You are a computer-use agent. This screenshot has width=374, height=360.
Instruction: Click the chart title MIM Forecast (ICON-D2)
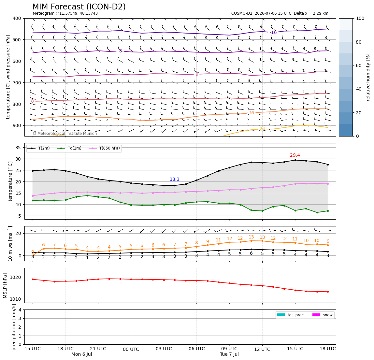click(79, 7)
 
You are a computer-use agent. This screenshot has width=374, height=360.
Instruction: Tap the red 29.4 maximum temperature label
click(295, 155)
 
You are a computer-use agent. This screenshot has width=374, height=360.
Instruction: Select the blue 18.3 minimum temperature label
click(175, 180)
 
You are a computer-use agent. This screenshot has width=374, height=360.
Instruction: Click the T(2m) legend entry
click(39, 148)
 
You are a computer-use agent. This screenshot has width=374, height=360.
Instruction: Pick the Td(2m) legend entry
click(69, 148)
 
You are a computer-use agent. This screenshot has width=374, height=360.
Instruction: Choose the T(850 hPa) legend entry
click(104, 148)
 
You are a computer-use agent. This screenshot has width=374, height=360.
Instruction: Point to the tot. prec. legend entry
click(291, 315)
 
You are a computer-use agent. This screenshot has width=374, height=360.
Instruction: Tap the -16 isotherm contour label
click(273, 33)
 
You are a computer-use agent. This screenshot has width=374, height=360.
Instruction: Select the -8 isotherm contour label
click(120, 51)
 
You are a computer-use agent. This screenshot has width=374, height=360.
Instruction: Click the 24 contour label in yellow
click(262, 129)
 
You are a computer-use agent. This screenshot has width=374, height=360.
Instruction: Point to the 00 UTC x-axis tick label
click(131, 349)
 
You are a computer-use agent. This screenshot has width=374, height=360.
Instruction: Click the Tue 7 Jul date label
click(229, 354)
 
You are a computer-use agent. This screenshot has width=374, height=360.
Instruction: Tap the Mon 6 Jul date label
click(81, 354)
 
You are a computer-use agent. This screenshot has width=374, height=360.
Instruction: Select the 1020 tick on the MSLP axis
click(16, 277)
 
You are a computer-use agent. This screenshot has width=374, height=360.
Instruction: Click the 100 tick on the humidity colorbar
click(360, 18)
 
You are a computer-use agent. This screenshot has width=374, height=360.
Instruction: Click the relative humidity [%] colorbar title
click(368, 77)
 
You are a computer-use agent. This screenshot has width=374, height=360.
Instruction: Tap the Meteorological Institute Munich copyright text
click(65, 134)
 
